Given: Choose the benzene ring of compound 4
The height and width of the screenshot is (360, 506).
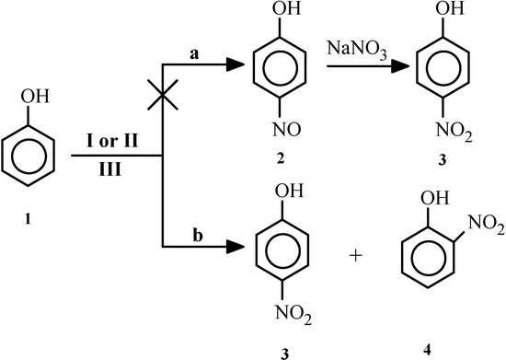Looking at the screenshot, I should (x=427, y=260).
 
